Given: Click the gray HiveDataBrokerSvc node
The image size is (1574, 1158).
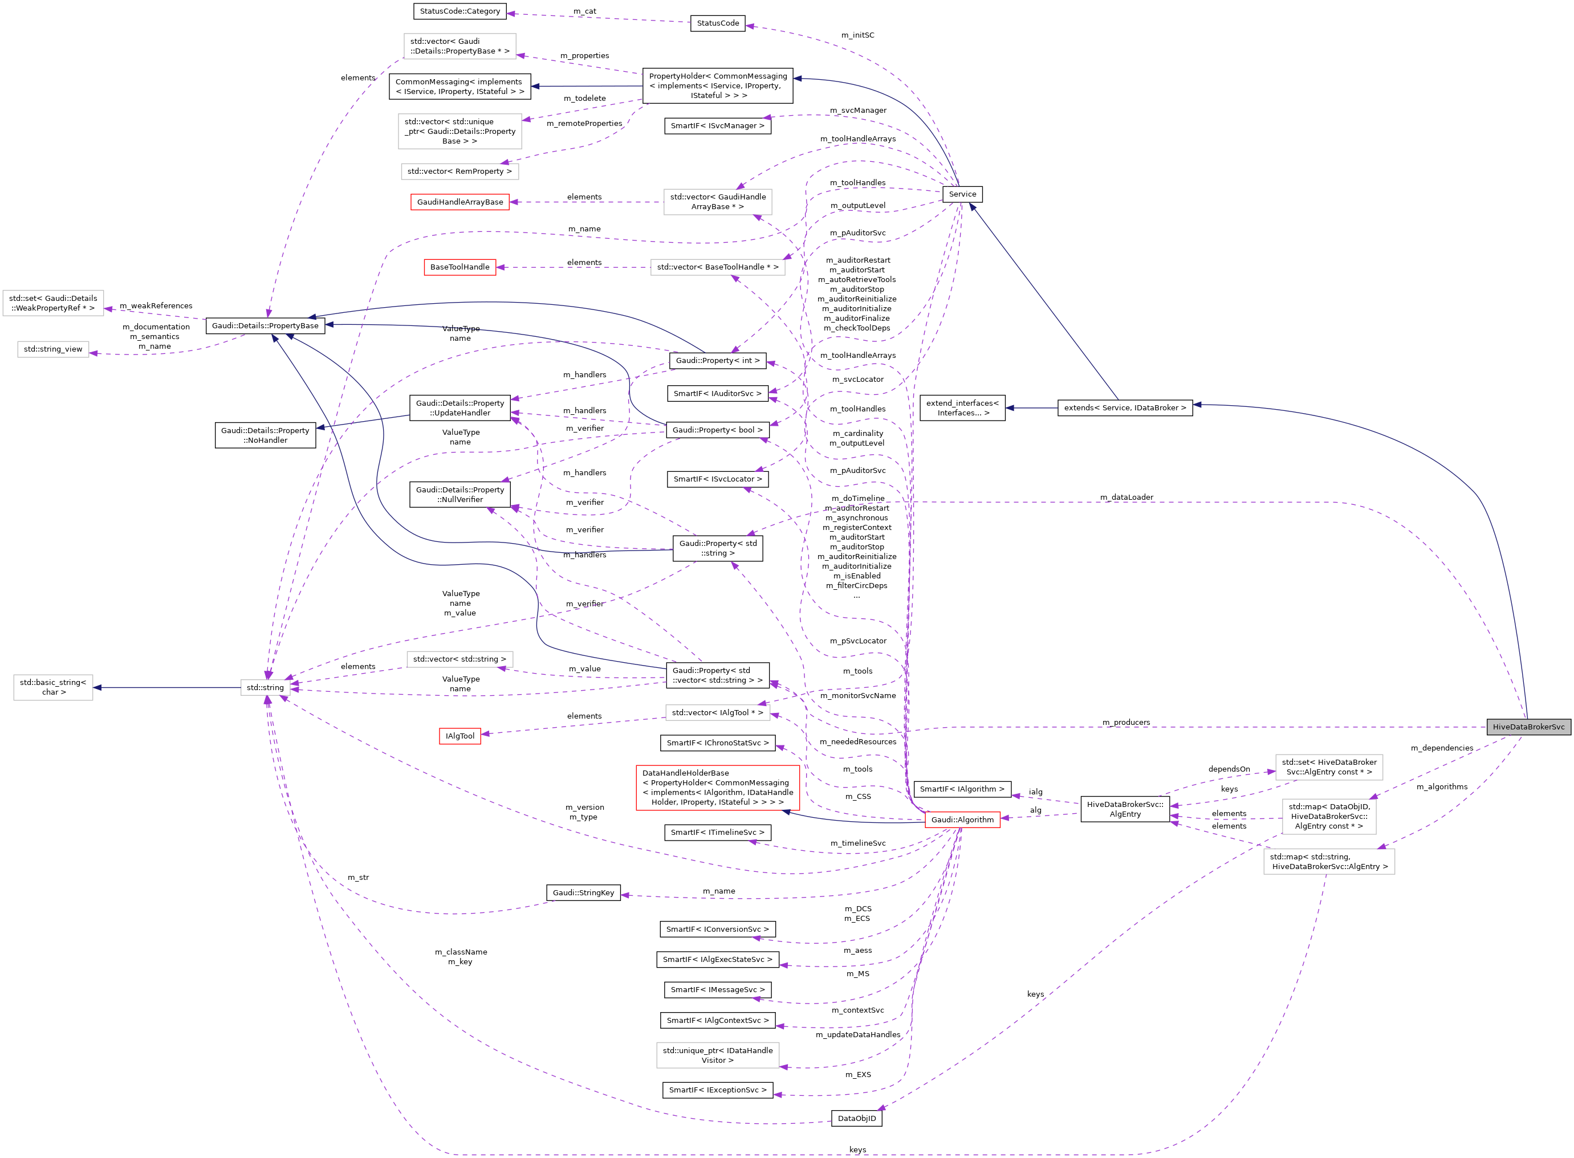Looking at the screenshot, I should point(1528,727).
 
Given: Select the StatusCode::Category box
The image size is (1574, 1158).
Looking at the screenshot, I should point(460,11).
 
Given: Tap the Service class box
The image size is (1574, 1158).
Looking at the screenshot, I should point(962,194).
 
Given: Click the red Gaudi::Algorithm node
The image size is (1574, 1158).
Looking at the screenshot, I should point(962,819).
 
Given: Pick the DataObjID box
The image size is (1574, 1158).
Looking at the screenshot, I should point(856,1118).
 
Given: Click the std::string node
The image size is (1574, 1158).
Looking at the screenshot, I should point(265,688).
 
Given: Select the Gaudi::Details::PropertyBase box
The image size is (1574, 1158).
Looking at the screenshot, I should point(265,326).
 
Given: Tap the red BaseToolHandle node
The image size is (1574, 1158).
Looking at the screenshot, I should point(460,267).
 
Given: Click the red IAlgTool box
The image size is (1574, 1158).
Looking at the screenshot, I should point(460,736).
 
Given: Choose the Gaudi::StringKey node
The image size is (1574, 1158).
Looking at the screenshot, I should point(583,892).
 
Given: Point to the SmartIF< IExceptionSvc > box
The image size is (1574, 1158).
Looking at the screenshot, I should point(717,1090).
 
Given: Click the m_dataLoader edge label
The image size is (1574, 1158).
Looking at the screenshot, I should point(1126,498).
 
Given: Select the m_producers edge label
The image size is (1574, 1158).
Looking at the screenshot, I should point(1126,722).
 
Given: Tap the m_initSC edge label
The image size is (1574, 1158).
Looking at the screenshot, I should point(857,35).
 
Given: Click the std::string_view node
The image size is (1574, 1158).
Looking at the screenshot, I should point(53,349).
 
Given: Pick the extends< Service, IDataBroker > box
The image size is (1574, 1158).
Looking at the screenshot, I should point(1125,408).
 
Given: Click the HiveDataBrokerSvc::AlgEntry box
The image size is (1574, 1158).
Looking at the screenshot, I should point(1125,809).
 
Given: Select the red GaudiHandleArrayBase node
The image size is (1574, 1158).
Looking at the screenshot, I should point(460,202).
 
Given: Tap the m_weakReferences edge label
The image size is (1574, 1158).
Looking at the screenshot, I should point(156,305).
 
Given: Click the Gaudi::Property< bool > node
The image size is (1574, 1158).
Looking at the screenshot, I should point(717,430).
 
